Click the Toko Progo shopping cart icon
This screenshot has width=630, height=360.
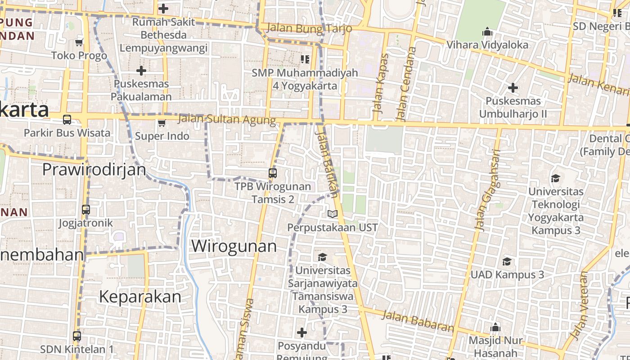coord(79,42)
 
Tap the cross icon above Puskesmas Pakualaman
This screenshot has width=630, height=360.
coord(141,71)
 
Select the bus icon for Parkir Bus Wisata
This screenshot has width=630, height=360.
coord(67,120)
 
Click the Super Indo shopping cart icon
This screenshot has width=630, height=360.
coord(162,123)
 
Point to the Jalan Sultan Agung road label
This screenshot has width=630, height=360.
coord(227,120)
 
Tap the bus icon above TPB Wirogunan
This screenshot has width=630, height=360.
coord(272,173)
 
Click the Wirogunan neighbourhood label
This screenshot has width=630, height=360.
coord(234,246)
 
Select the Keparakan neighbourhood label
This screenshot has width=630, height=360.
coord(140,297)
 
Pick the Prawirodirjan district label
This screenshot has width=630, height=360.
coord(94,170)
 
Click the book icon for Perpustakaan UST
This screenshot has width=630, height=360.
coord(333,214)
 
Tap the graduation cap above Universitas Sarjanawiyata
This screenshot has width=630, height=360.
coord(322,257)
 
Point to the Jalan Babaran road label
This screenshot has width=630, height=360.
coord(418,320)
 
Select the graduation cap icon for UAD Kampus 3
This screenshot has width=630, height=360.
coord(507,261)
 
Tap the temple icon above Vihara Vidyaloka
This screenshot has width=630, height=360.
coord(487,32)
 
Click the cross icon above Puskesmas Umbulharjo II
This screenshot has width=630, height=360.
coord(513,88)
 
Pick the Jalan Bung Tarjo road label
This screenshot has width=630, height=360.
coord(309,28)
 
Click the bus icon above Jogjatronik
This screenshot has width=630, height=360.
coord(86,210)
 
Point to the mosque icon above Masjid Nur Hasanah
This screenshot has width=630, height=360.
coord(495,327)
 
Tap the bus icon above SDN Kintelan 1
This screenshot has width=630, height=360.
coord(77,336)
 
